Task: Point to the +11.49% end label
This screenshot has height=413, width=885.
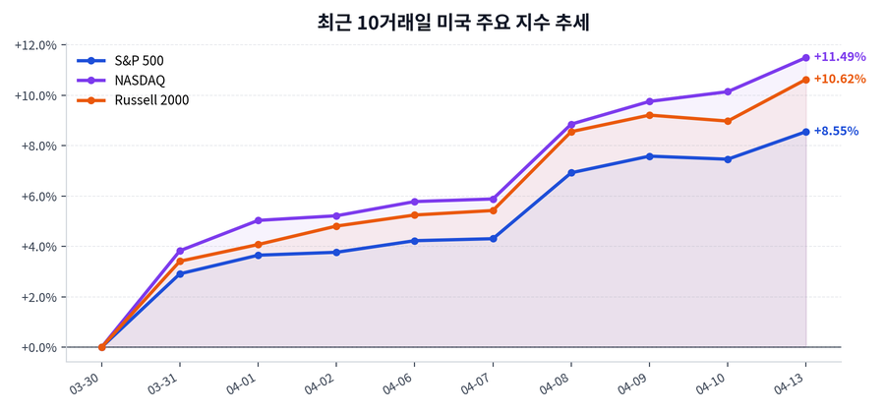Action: click(x=839, y=57)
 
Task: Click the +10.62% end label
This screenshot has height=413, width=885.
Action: click(x=839, y=79)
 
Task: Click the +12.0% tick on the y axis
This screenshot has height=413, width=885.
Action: click(x=37, y=45)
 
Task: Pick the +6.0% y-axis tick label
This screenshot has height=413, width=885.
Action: click(x=39, y=197)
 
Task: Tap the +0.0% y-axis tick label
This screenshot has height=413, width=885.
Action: click(x=39, y=347)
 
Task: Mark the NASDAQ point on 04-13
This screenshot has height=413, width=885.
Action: click(x=805, y=58)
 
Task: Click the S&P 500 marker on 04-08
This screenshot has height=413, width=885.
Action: click(x=571, y=173)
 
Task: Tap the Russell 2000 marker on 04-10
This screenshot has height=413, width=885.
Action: click(x=728, y=121)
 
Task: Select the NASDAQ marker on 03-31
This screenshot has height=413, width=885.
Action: click(x=180, y=251)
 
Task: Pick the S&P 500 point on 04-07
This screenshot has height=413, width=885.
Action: click(x=493, y=239)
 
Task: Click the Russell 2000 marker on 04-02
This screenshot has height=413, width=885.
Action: click(x=336, y=226)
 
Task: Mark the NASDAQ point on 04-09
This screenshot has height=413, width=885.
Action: click(x=649, y=101)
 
